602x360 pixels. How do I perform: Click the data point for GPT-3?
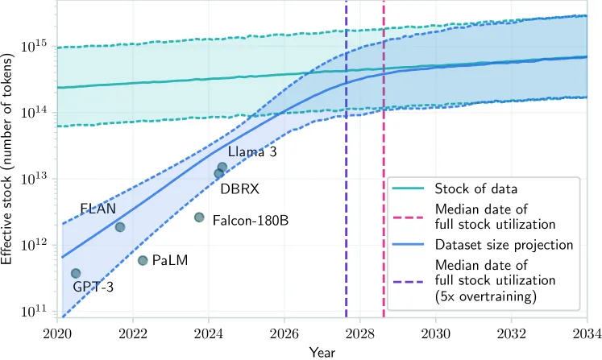(76, 274)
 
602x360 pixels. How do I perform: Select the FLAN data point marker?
(120, 227)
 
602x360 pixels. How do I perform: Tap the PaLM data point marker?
(143, 260)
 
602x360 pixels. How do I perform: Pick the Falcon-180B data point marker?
(199, 217)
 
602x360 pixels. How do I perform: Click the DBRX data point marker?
(218, 173)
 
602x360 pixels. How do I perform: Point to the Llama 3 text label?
(252, 151)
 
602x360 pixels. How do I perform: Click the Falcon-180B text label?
(251, 220)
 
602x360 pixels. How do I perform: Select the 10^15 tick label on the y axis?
(37, 46)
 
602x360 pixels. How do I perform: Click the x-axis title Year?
(322, 351)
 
